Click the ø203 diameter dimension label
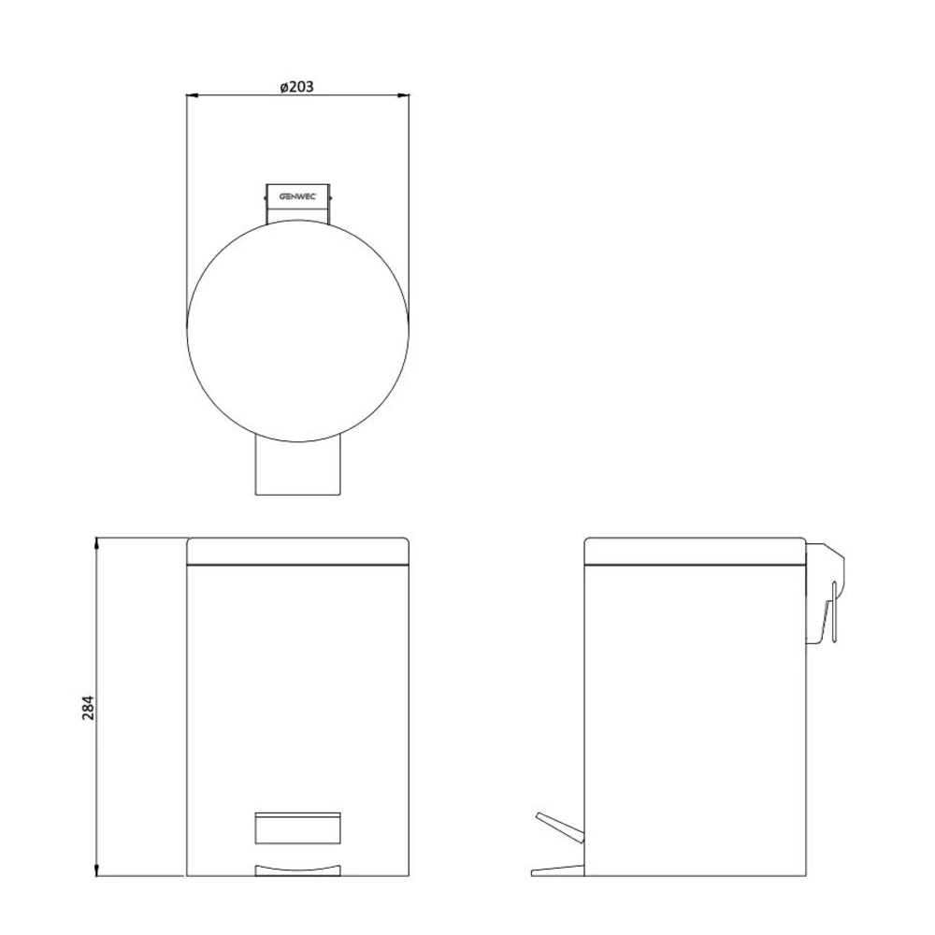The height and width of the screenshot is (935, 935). (296, 86)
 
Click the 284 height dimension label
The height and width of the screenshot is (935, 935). (88, 708)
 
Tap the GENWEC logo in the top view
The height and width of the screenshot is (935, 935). (297, 196)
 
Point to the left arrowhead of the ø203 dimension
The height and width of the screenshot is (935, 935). (192, 94)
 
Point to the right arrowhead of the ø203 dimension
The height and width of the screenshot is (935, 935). (404, 94)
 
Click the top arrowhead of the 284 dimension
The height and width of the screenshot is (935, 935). (96, 542)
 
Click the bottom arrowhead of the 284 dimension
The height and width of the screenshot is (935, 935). (96, 870)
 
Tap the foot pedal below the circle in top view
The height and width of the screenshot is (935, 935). (297, 468)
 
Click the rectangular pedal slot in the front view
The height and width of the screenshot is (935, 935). (297, 827)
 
